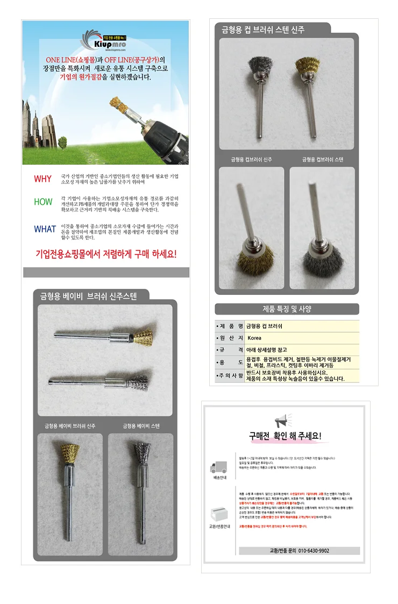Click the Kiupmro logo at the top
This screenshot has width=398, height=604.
click(102, 40)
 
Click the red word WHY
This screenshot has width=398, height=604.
click(42, 179)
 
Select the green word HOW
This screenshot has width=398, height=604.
click(43, 202)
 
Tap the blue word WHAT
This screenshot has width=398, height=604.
click(45, 229)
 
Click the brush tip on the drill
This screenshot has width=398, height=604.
click(118, 105)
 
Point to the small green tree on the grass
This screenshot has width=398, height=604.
click(62, 142)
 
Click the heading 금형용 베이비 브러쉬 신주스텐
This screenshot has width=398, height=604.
click(89, 296)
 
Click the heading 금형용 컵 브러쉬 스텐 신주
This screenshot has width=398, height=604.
click(263, 30)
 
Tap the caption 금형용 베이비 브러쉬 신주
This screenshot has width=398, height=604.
click(70, 426)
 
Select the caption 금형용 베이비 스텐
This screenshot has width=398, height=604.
click(141, 426)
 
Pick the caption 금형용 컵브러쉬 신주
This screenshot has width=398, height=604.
click(251, 160)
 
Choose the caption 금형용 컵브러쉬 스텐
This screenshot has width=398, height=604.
click(322, 160)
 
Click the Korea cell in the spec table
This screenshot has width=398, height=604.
click(254, 338)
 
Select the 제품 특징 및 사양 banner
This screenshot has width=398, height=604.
click(287, 309)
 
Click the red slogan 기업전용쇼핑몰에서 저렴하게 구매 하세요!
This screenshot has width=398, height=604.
click(105, 253)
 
